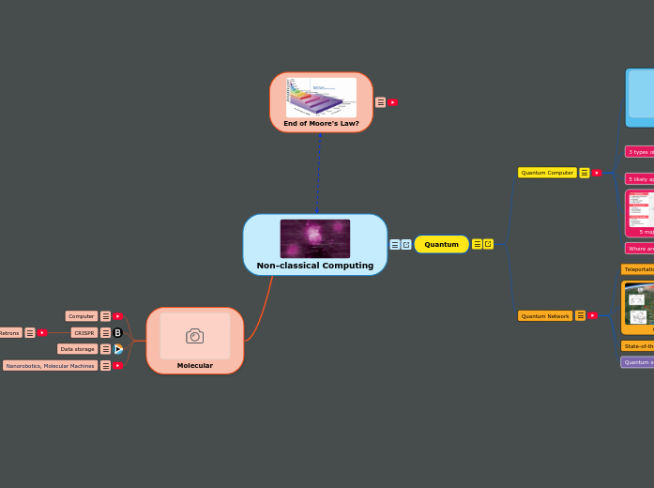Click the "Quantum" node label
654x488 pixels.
(x=441, y=244)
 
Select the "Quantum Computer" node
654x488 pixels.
(x=547, y=173)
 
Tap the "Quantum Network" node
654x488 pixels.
(x=545, y=316)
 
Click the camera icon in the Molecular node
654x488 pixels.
(x=194, y=336)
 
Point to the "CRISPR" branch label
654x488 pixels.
(x=84, y=332)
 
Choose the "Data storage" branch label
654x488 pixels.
(x=77, y=349)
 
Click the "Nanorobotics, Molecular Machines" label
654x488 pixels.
(x=50, y=366)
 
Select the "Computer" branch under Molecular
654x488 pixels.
(x=82, y=316)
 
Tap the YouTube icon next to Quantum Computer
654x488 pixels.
(x=597, y=173)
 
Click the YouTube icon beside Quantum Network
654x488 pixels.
(x=593, y=315)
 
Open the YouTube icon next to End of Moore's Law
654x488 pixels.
(x=392, y=102)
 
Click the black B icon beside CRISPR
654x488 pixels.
(x=118, y=332)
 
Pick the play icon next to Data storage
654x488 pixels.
(x=118, y=349)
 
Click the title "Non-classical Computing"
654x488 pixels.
(x=315, y=266)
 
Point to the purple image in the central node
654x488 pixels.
(x=315, y=238)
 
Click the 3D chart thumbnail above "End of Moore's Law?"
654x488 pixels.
(x=321, y=97)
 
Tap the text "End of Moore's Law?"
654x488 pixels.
(x=321, y=123)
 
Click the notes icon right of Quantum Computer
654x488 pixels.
(x=585, y=173)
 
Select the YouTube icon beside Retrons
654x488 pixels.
(x=42, y=332)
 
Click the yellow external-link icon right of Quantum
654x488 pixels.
(x=489, y=244)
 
